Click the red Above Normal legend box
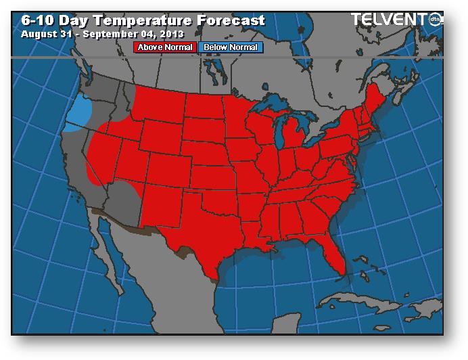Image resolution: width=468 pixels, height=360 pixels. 166,47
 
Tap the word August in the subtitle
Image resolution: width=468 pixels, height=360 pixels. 39,33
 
